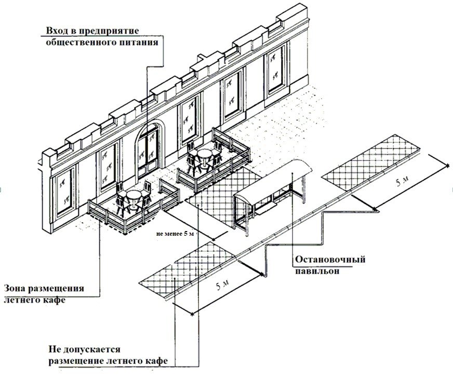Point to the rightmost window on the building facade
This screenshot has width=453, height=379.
pos(274,72)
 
